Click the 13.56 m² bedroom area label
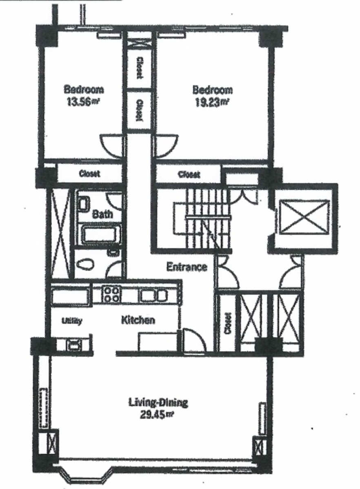pyautogui.click(x=83, y=102)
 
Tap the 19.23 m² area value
pyautogui.click(x=212, y=103)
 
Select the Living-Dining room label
pyautogui.click(x=158, y=402)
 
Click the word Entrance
pyautogui.click(x=187, y=267)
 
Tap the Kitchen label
pyautogui.click(x=138, y=320)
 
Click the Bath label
pyautogui.click(x=103, y=214)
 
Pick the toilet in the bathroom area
pyautogui.click(x=85, y=265)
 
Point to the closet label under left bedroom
pyautogui.click(x=90, y=173)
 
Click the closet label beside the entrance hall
pyautogui.click(x=228, y=323)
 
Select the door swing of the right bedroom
pyautogui.click(x=165, y=146)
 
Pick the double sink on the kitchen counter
pyautogui.click(x=153, y=295)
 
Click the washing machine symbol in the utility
pyautogui.click(x=74, y=345)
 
